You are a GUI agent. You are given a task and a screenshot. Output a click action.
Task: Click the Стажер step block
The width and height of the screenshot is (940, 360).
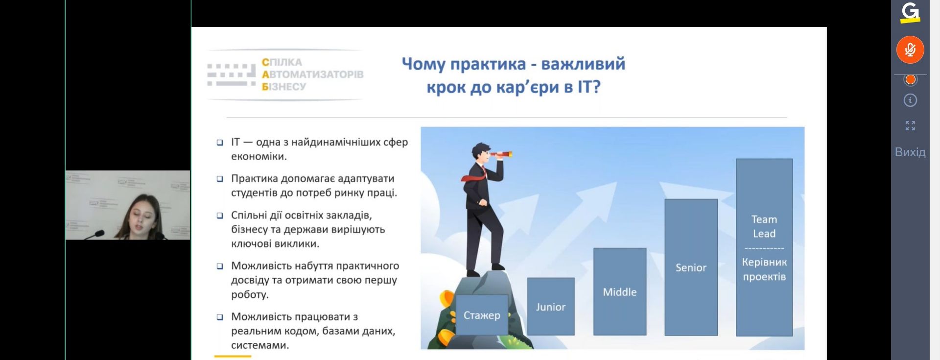(482, 315)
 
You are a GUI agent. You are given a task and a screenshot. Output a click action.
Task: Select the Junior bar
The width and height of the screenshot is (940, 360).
(551, 307)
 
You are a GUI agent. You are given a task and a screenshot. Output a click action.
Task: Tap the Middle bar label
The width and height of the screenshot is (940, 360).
(620, 292)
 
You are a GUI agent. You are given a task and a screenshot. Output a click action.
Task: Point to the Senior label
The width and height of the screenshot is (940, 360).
(691, 267)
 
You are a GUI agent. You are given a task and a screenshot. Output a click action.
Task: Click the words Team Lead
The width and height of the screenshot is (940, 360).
(764, 226)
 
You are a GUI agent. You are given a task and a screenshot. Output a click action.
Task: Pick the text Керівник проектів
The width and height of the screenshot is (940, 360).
(764, 269)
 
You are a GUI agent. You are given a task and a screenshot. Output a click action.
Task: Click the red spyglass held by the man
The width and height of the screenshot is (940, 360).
(501, 155)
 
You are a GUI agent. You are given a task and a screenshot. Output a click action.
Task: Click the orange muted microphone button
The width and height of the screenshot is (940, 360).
(910, 49)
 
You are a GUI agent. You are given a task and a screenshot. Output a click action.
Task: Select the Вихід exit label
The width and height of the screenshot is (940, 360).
(910, 152)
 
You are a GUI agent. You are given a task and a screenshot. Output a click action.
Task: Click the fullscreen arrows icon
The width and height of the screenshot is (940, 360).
(910, 126)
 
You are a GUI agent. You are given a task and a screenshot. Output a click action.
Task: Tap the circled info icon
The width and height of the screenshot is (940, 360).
(910, 100)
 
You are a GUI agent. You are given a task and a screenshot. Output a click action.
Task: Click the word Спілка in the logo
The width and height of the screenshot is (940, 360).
(282, 62)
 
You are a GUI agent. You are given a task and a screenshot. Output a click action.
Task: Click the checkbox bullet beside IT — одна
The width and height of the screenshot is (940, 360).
(220, 143)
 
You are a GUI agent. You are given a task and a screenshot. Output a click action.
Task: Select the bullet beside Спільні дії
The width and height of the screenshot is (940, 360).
(220, 216)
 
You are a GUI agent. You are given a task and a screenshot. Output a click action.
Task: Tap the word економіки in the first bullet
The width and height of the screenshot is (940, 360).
(259, 157)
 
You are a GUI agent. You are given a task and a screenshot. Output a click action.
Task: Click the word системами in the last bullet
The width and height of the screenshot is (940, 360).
(260, 345)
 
